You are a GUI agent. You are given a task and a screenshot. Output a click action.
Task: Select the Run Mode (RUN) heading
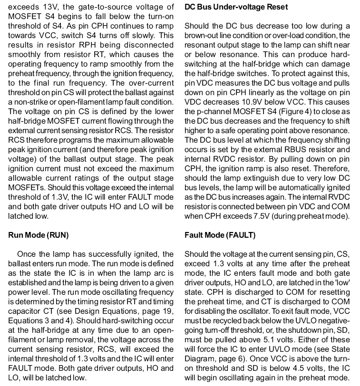click(x=39, y=235)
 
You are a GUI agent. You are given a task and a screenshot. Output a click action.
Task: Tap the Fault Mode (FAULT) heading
click(x=220, y=235)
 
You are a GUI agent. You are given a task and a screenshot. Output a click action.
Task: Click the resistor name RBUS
click(x=294, y=150)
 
